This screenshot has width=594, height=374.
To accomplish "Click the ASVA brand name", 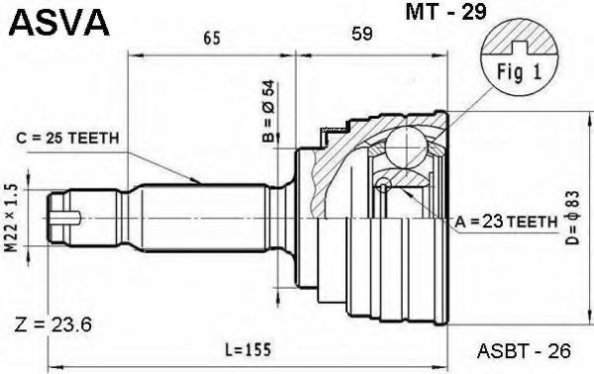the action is pos(58,23).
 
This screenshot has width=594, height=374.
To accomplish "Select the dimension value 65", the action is pos(212,39).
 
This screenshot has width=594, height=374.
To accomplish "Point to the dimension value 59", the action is pos(361,34).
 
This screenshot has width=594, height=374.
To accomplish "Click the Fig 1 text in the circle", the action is pos(520,72).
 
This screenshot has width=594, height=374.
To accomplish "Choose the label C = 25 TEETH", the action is pos(67,139).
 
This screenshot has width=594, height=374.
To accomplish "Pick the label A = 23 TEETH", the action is pos(507,222).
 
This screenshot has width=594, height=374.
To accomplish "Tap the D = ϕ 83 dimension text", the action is pos(572,219).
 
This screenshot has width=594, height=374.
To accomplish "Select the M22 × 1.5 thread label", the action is pos(12,218).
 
